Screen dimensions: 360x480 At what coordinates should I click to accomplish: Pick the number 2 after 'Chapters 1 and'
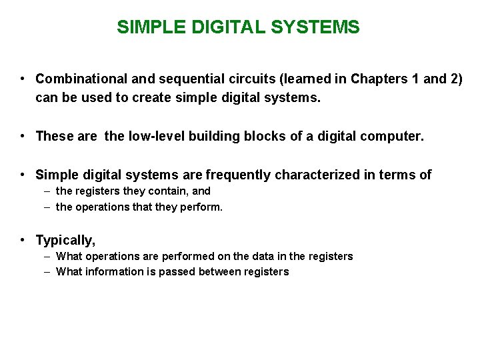tap(455, 79)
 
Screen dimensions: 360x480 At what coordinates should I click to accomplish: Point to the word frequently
tap(239, 175)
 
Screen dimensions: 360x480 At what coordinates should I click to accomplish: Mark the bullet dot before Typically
tap(23, 240)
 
